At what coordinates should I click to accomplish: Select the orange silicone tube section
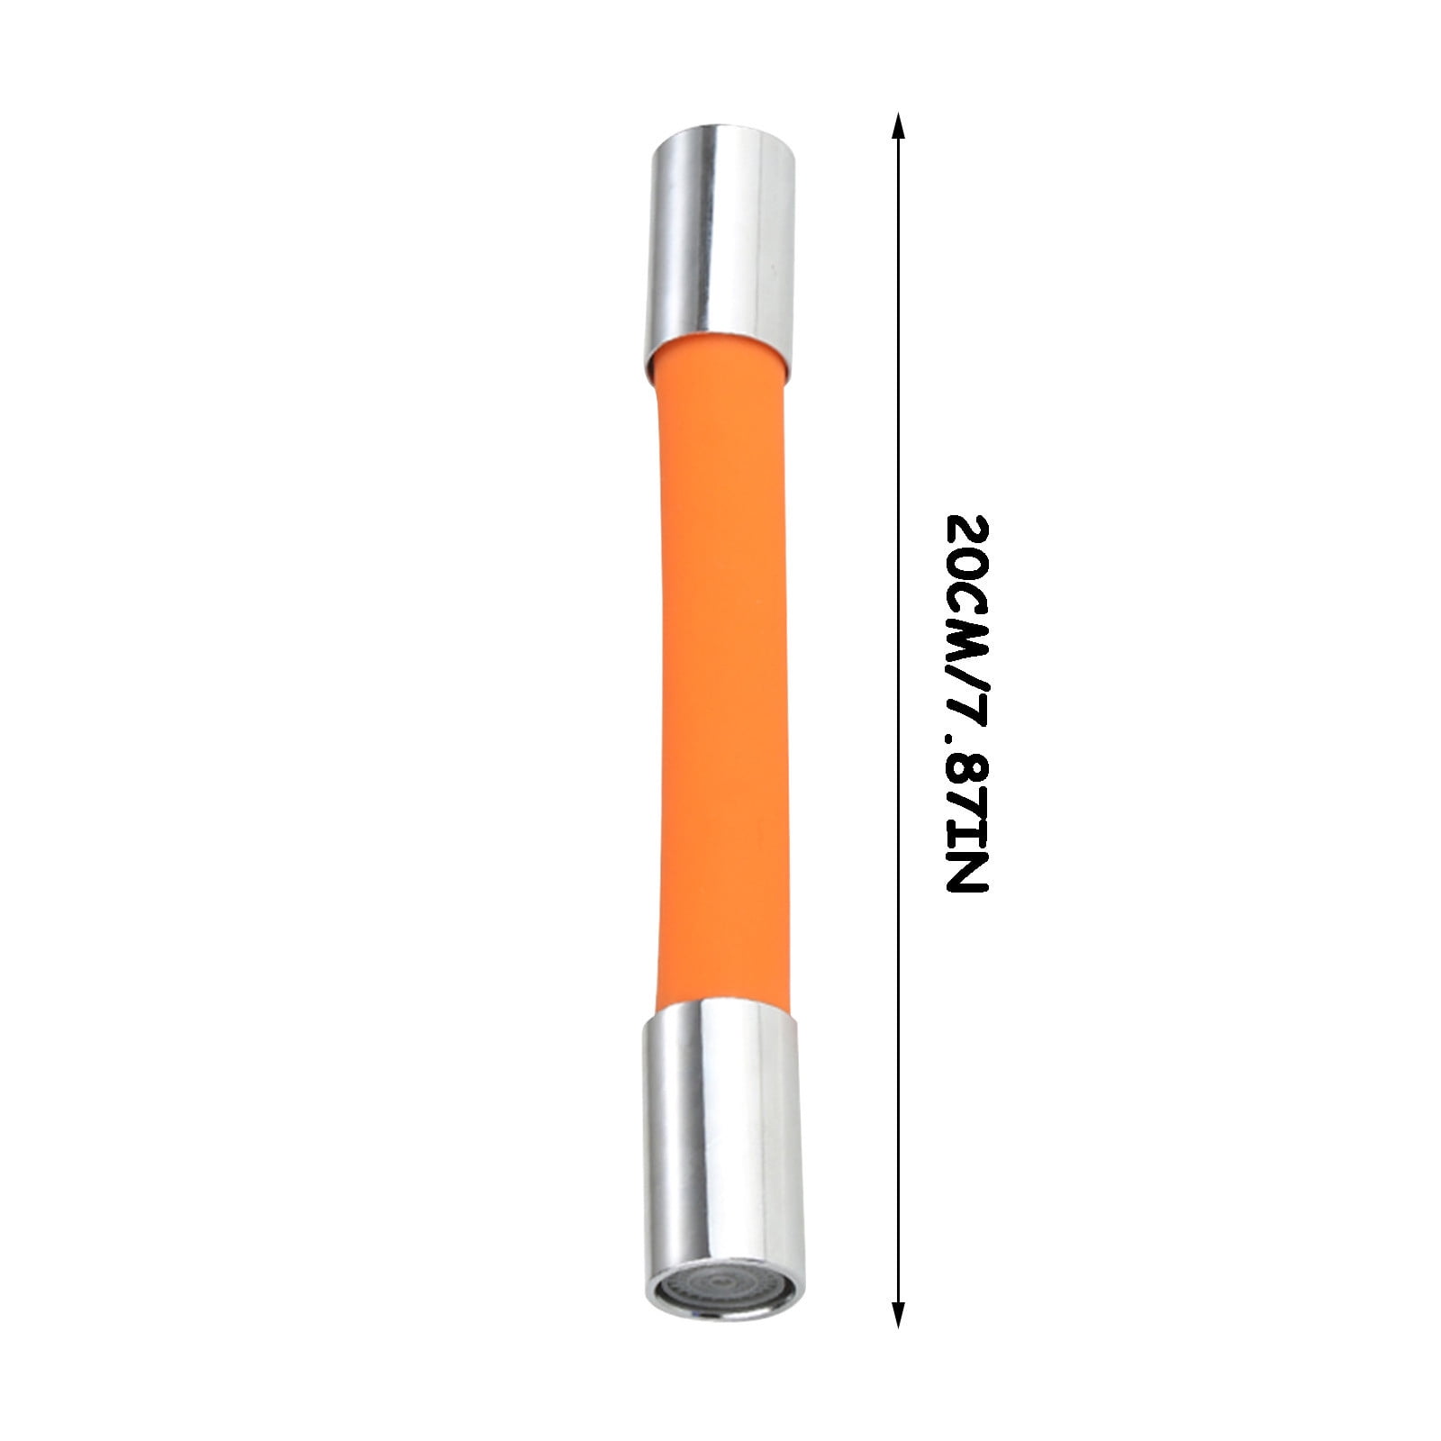pos(720,675)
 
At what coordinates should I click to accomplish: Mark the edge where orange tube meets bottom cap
pos(720,1001)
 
